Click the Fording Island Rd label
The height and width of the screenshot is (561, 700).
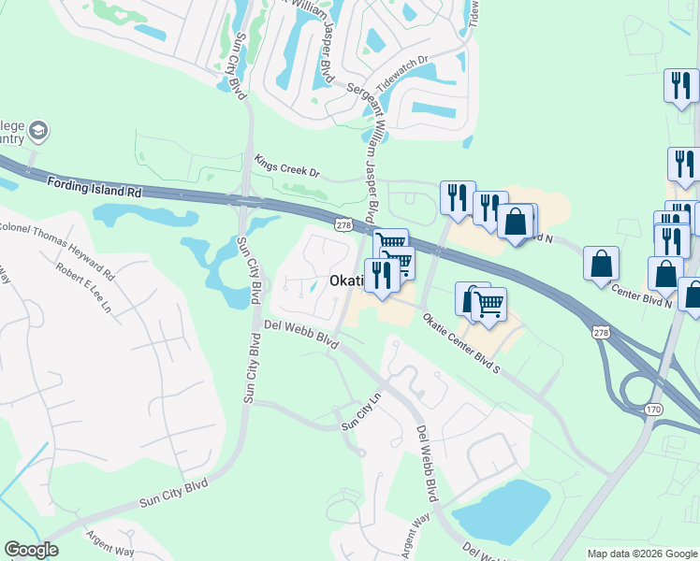93,186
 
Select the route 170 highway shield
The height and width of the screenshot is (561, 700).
654,410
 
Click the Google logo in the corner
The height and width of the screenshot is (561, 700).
31,550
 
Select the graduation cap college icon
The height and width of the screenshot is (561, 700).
38,129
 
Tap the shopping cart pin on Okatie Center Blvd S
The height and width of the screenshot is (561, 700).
489,304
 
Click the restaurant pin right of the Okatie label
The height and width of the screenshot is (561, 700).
382,276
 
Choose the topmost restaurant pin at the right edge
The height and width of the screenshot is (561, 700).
680,85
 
